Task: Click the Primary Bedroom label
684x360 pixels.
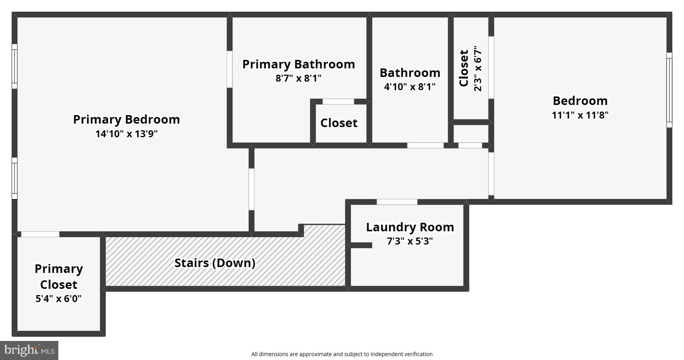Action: point(126,119)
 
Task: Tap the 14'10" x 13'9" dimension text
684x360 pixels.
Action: point(126,134)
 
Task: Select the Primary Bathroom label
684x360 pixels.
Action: point(298,64)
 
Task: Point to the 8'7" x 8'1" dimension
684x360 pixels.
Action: point(298,78)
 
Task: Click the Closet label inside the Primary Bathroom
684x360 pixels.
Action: point(339,123)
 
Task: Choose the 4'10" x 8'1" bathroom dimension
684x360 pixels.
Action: point(410,86)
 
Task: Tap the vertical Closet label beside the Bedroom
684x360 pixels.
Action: point(464,68)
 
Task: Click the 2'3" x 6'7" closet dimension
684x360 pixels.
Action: point(478,68)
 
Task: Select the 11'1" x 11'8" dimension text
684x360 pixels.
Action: point(580,115)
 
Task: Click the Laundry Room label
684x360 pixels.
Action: point(410,227)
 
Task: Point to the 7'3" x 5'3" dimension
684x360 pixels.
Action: point(410,241)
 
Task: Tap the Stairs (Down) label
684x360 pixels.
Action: point(215,263)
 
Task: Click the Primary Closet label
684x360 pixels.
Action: point(59,276)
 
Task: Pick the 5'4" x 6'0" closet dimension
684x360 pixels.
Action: point(59,299)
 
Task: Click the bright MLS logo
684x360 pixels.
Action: point(29,350)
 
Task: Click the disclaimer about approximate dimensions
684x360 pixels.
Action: point(342,354)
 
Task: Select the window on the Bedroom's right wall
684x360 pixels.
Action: point(669,90)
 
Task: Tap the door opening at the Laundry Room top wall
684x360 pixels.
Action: point(397,202)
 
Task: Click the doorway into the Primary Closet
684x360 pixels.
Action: point(40,234)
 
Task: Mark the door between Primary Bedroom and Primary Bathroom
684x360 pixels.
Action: point(230,69)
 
